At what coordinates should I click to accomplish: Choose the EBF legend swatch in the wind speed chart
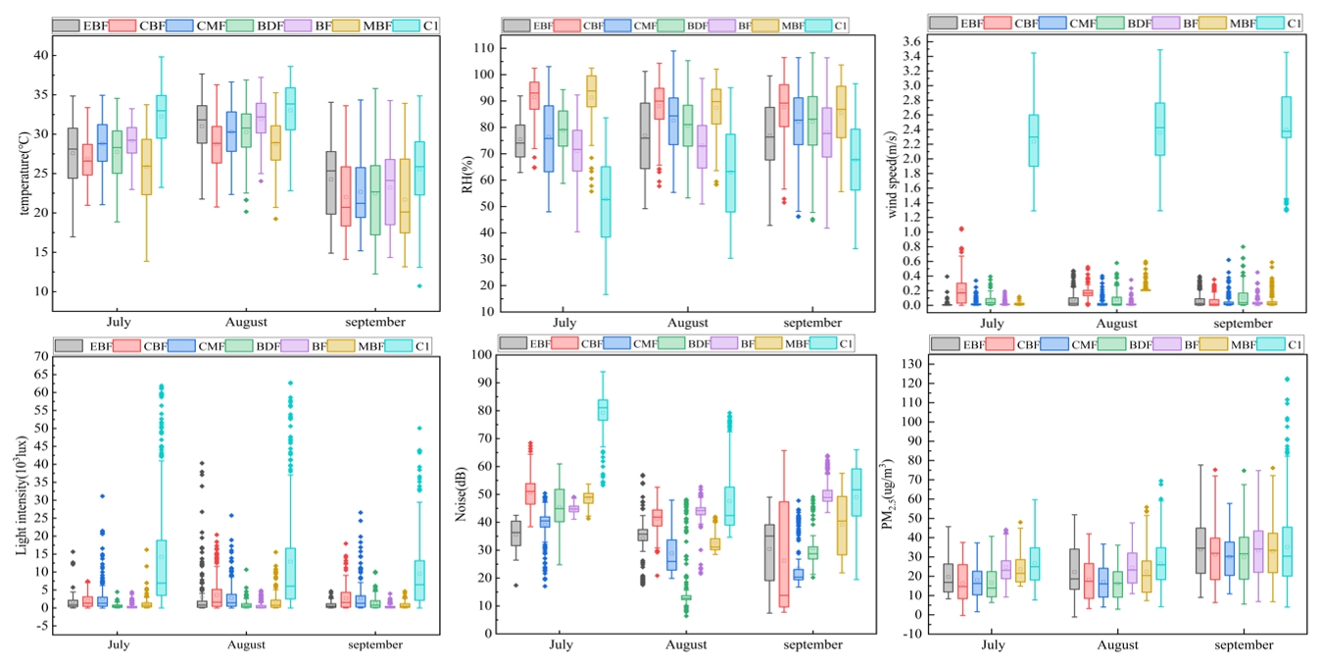943,23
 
